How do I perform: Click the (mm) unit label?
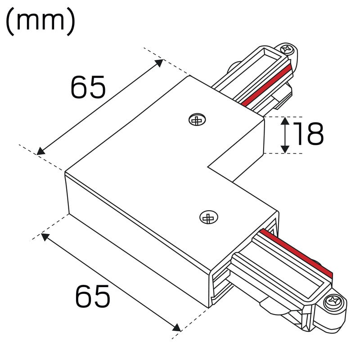tap(40, 22)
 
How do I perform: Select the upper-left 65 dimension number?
tap(88, 87)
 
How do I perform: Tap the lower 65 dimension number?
tap(93, 297)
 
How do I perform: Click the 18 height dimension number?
tap(309, 134)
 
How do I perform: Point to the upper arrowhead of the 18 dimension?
tap(285, 121)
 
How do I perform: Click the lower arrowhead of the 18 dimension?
tap(285, 149)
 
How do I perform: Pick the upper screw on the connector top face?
tap(197, 120)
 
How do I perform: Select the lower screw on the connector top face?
tap(208, 217)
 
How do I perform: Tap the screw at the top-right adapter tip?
tap(287, 49)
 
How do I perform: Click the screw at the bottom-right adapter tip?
tap(333, 301)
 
